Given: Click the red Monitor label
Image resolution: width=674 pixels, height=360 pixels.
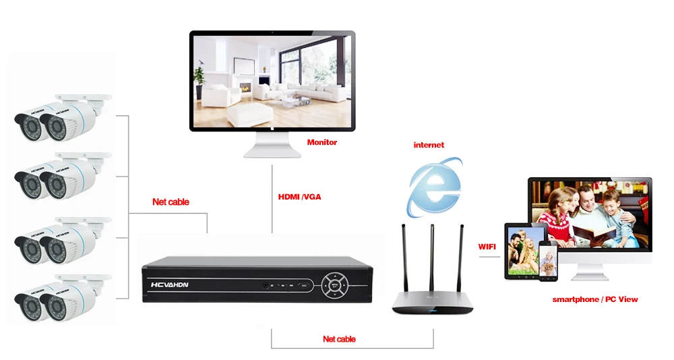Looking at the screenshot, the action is coord(322,142).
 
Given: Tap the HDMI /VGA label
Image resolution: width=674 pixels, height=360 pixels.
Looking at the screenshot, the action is coord(300,197).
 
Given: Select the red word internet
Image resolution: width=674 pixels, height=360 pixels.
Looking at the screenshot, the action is coord(429,145).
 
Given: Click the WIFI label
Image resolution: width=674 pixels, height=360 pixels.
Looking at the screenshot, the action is coord(487,247).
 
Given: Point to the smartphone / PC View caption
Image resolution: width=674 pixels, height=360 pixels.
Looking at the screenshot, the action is coord(595,299).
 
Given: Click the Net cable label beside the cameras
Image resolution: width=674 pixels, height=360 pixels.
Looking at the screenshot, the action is coord(171,202).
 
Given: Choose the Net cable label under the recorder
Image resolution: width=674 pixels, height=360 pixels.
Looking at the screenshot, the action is coord(339,339).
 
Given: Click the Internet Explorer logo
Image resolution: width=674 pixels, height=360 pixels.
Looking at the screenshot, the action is coord(435,187).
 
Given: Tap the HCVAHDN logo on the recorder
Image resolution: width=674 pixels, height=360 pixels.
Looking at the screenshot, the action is coord(169,284).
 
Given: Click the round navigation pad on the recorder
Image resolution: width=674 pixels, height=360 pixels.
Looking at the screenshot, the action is coord(335,284).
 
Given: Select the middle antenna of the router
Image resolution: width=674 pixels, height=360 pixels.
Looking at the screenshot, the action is coord(432,258).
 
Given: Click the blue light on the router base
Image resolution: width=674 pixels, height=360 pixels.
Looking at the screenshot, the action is coord(433,310).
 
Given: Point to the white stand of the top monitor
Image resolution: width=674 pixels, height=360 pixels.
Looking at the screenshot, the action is coord(272,145).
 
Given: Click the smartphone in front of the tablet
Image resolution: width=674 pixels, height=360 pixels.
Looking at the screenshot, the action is coord(548,261).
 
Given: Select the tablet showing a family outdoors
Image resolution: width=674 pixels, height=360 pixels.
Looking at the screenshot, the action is coord(523,251).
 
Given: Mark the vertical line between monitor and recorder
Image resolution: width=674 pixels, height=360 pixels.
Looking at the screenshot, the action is coord(272,199).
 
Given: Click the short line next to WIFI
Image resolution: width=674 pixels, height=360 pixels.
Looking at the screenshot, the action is coord(489,257).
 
